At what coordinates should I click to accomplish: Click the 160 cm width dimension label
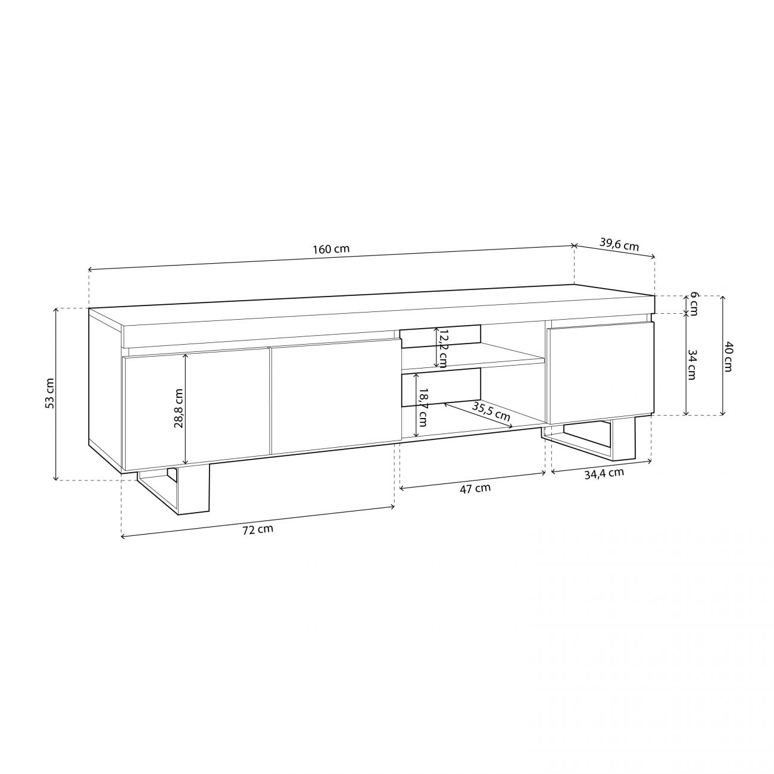point(332,249)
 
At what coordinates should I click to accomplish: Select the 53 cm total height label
point(50,394)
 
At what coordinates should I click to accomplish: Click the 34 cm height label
point(692,365)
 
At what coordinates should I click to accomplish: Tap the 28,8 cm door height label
point(179,408)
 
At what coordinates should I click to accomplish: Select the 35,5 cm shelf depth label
point(491,411)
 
